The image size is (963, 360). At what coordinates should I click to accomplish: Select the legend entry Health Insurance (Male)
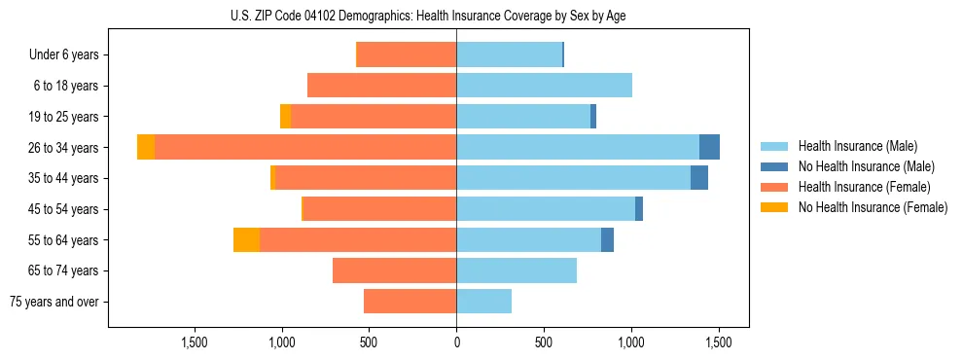[x=857, y=146]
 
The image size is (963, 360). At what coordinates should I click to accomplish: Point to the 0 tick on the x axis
[x=456, y=342]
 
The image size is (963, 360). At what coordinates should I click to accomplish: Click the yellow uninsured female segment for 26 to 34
[x=146, y=147]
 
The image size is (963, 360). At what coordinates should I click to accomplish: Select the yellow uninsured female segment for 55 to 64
[x=246, y=239]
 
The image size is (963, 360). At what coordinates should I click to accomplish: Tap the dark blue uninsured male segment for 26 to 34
[x=709, y=147]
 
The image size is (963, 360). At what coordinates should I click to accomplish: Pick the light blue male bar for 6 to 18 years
[x=544, y=86]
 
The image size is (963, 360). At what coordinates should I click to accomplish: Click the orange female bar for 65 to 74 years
[x=394, y=270]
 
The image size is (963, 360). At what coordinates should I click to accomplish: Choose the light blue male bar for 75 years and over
[x=483, y=302]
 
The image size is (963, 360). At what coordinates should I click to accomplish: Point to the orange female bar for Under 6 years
[x=407, y=54]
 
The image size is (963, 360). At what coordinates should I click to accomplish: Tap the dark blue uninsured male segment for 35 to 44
[x=698, y=178]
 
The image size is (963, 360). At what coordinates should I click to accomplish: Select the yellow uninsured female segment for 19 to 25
[x=285, y=116]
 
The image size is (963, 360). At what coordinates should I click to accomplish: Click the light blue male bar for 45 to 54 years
[x=545, y=208]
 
